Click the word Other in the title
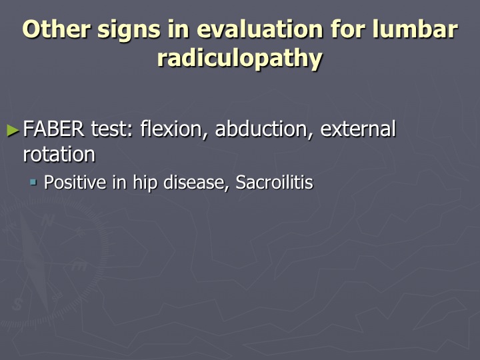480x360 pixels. [56, 29]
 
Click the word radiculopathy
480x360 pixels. [240, 59]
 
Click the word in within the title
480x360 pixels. [179, 29]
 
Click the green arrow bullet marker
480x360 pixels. [13, 130]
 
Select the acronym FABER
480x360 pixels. [53, 129]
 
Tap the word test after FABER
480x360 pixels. [112, 129]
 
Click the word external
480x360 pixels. [358, 129]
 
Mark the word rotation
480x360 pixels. [59, 154]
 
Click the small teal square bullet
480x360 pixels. [33, 183]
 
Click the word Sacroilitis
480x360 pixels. [274, 183]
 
